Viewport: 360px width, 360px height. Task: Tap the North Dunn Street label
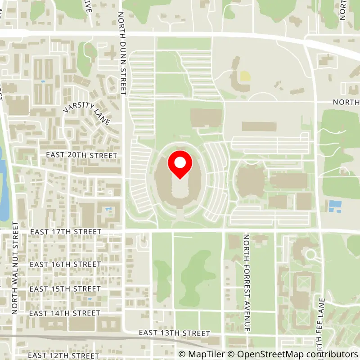[x=121, y=53]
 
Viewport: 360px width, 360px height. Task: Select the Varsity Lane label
[x=86, y=113]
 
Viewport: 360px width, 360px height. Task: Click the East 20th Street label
[x=81, y=155]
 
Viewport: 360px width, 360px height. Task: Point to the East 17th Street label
[x=66, y=232]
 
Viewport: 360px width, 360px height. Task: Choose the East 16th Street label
[x=65, y=264]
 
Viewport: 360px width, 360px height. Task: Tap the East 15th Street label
[x=65, y=288]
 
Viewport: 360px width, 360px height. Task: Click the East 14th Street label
[x=65, y=313]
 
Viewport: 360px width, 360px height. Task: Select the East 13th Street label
[x=175, y=333]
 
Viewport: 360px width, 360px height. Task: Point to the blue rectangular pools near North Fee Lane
[x=335, y=206]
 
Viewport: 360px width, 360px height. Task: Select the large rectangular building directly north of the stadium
[x=206, y=117]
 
